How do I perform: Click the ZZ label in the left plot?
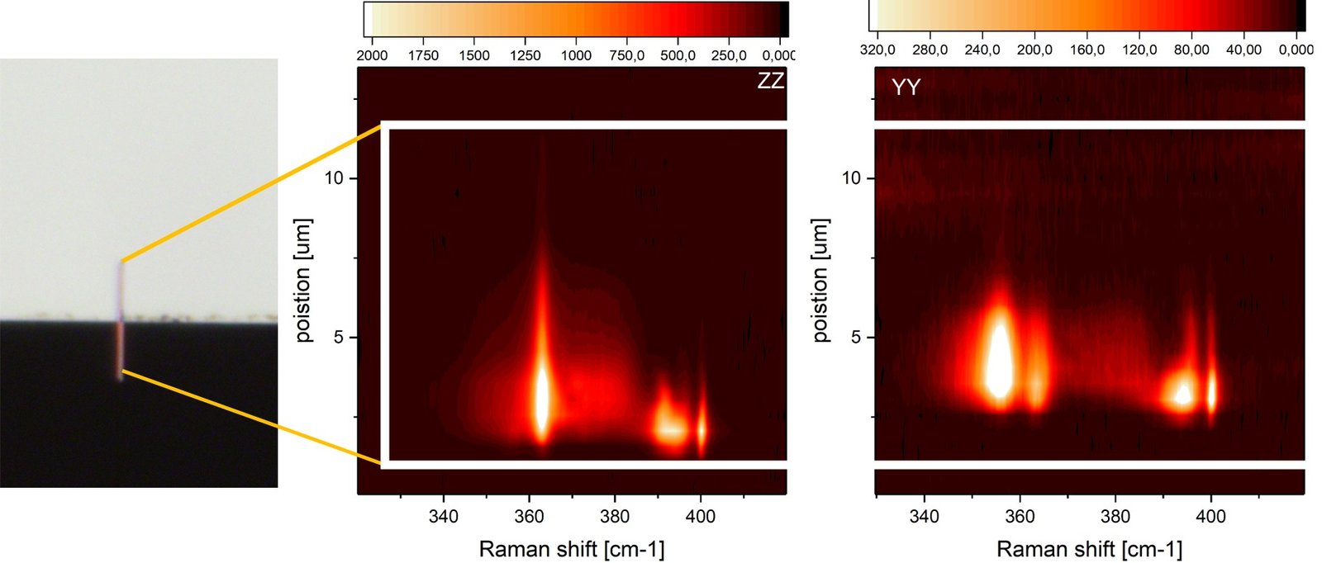coord(770,81)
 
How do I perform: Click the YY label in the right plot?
coord(906,88)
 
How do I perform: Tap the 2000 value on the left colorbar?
coord(372,55)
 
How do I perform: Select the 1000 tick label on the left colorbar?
coord(576,55)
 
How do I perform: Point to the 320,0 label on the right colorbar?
coord(877,50)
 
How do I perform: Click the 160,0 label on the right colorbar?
coord(1087,50)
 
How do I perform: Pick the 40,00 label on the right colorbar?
coord(1244,50)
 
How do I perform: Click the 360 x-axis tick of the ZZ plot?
coord(530,517)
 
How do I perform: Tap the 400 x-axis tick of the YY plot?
coord(1210,517)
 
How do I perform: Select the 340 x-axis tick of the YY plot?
coord(924,517)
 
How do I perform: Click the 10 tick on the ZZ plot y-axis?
coord(334,178)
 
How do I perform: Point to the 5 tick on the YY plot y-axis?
coord(856,338)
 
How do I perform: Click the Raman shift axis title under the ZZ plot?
coord(571,549)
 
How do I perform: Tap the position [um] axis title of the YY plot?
coord(820,281)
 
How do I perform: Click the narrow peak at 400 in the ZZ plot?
coord(701,429)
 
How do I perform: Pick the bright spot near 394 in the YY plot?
coord(1183,394)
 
